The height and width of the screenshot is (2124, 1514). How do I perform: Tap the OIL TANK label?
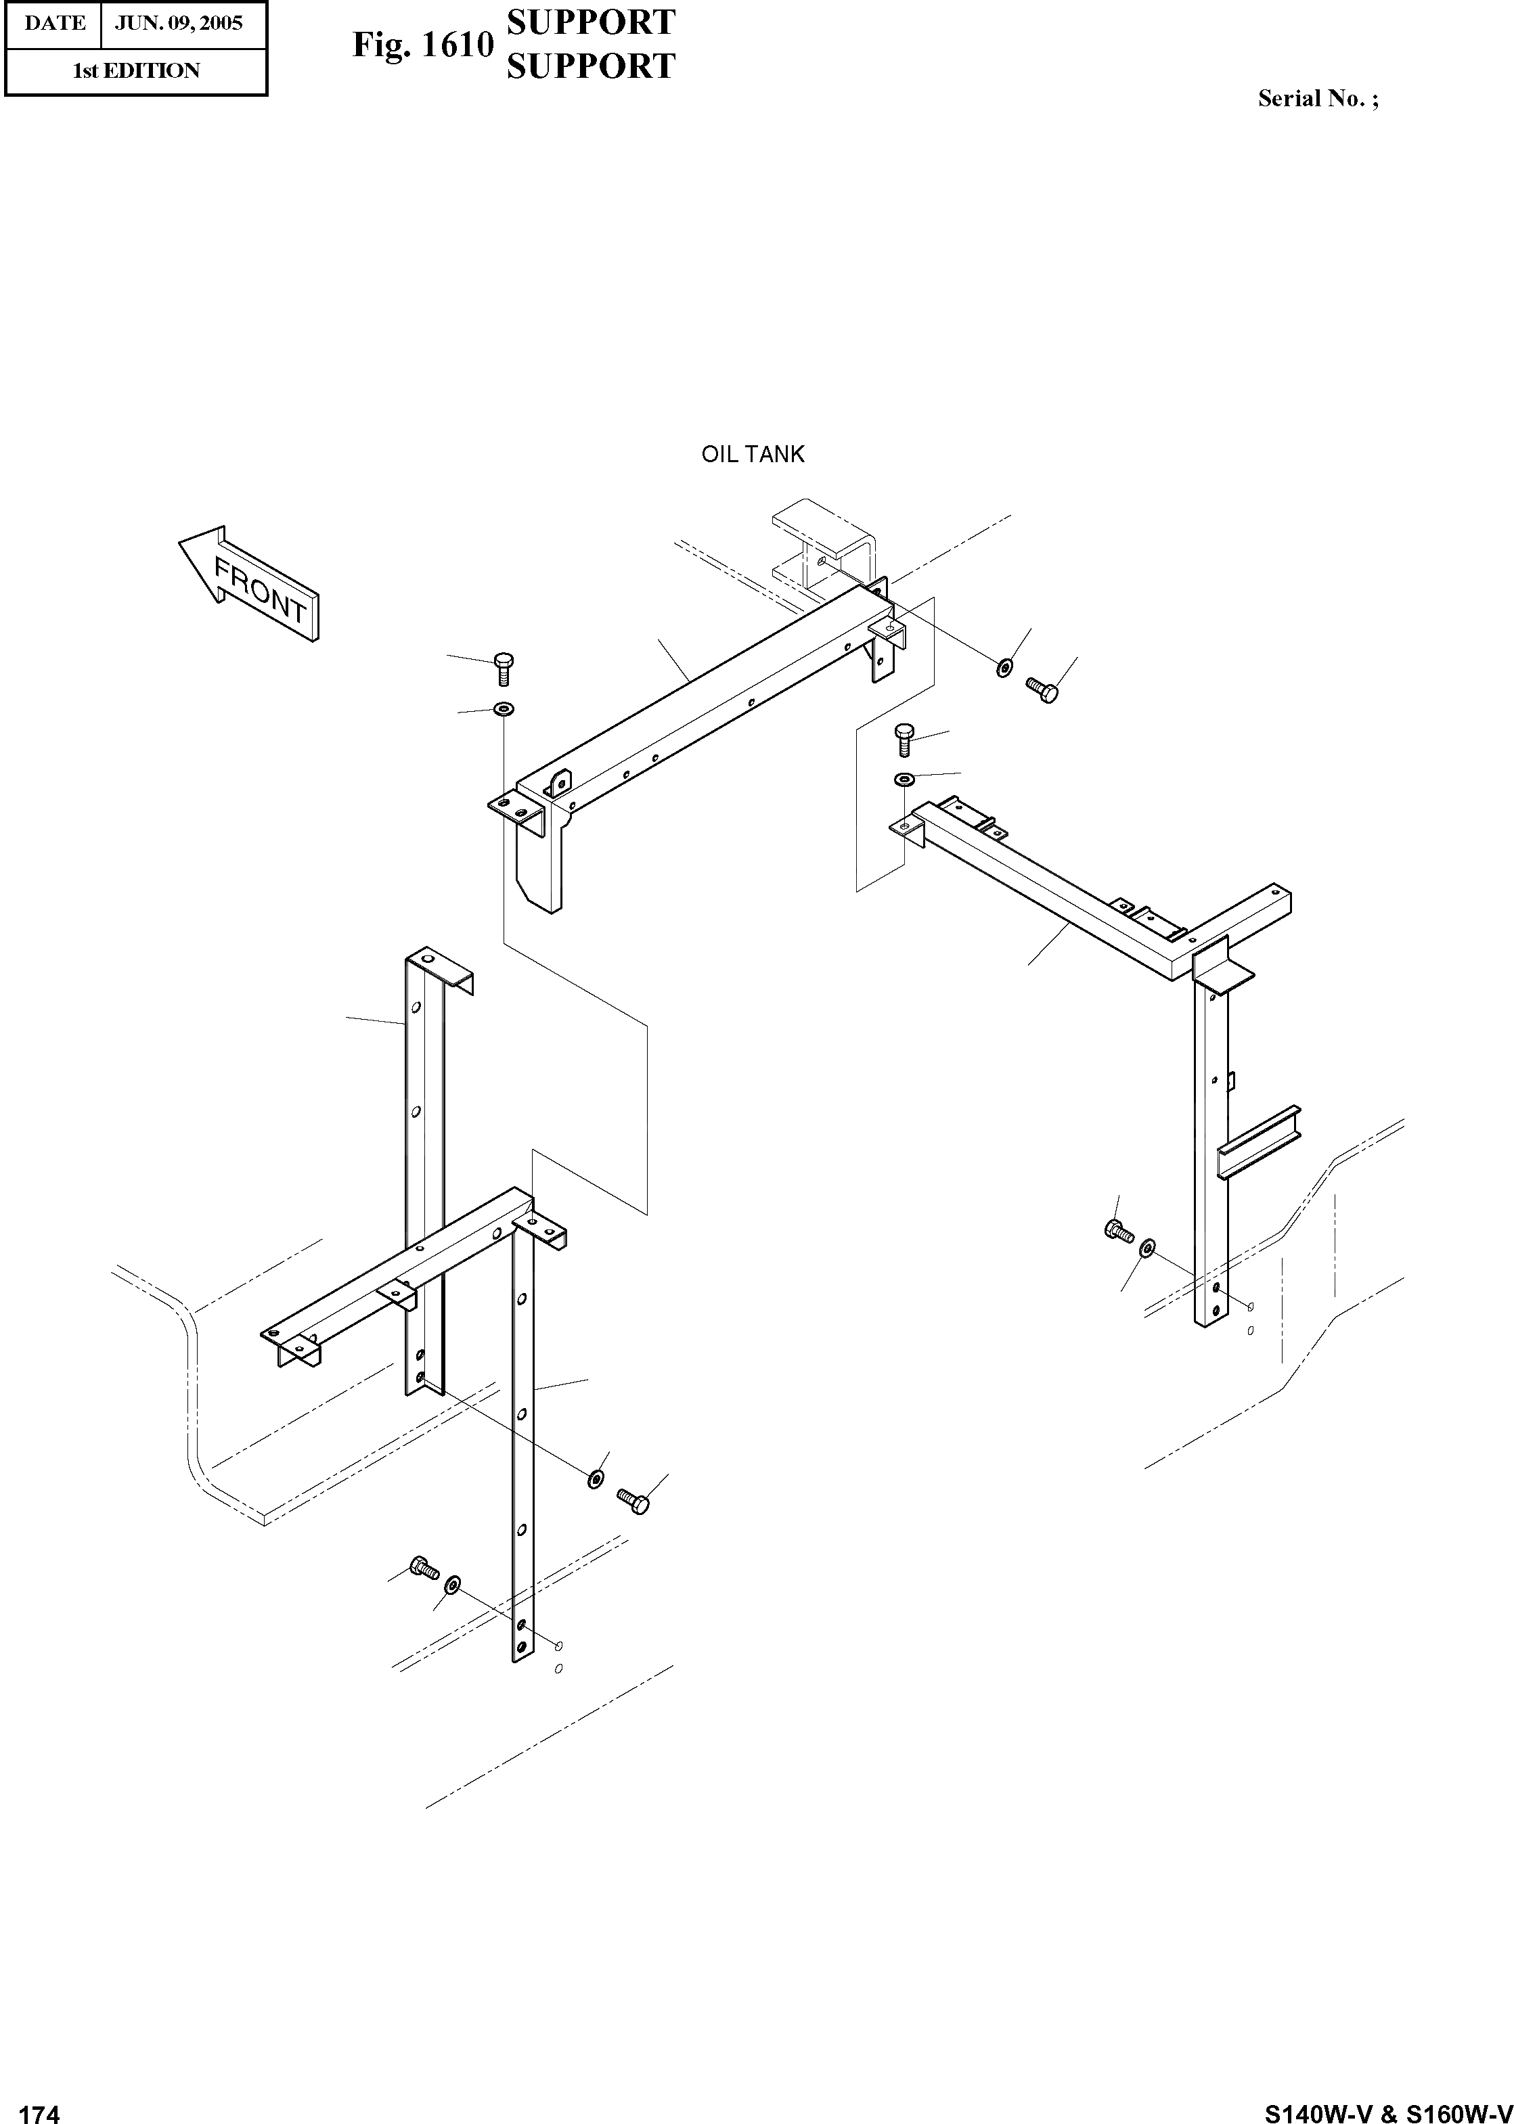[753, 455]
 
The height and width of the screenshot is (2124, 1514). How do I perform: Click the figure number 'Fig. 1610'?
[422, 44]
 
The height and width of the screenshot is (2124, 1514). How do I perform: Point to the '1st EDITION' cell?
[136, 71]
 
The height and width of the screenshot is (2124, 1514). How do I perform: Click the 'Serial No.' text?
[1317, 99]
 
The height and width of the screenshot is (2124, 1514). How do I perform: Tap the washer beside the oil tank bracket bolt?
[1004, 667]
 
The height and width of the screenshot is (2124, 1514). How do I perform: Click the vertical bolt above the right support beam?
[904, 740]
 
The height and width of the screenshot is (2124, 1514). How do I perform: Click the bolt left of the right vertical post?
[1118, 1230]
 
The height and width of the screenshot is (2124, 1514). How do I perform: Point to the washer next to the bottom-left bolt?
[453, 1585]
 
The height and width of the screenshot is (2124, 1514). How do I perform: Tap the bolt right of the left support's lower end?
[634, 1501]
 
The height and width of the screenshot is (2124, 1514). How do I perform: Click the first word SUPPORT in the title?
[591, 22]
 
